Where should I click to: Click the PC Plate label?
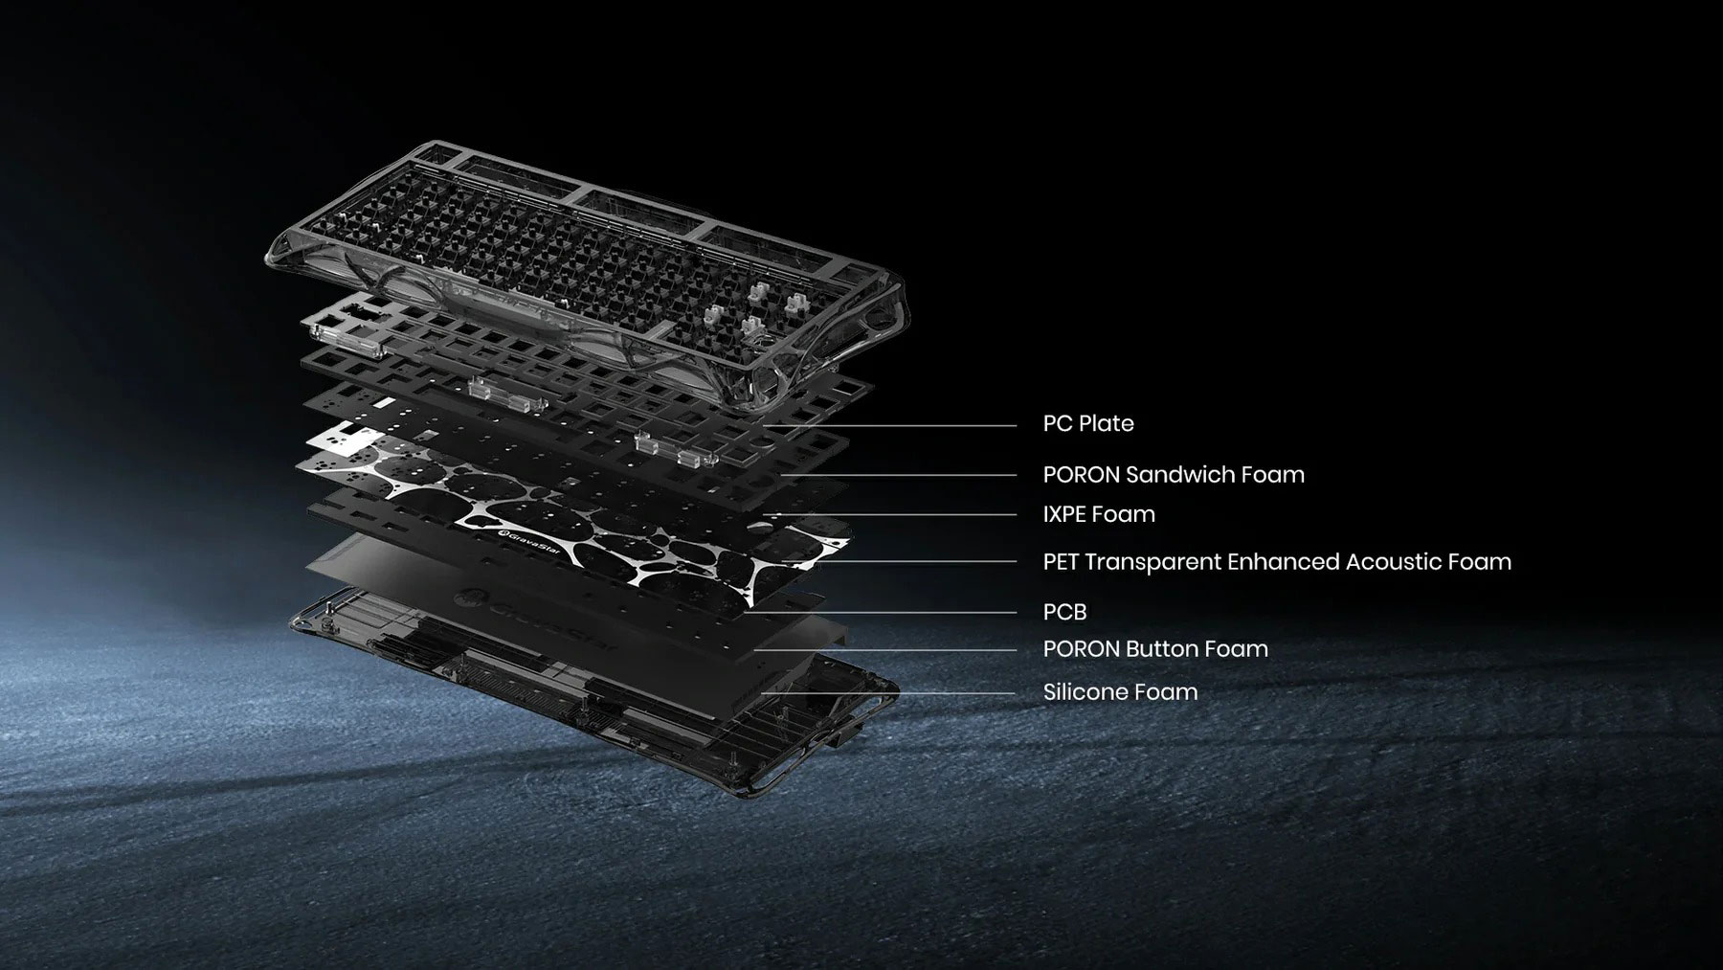click(x=1088, y=423)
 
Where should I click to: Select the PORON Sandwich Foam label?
click(x=1174, y=474)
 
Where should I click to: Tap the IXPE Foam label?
click(x=1099, y=514)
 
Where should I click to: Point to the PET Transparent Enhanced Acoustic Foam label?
click(x=1277, y=561)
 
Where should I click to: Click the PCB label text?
click(x=1064, y=612)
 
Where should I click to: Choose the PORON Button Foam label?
click(x=1155, y=648)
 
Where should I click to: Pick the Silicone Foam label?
click(x=1120, y=691)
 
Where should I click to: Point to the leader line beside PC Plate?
click(x=889, y=425)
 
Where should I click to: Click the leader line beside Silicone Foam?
click(x=889, y=692)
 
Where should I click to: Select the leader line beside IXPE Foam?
click(x=895, y=514)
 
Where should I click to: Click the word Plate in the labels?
click(x=1108, y=423)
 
